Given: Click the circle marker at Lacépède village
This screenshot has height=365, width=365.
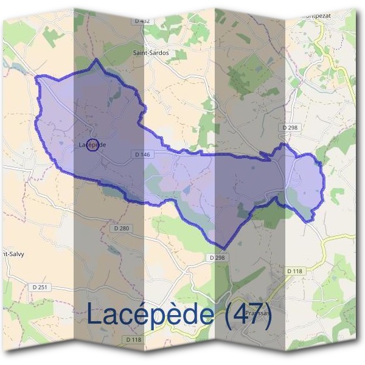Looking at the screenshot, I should (92, 145).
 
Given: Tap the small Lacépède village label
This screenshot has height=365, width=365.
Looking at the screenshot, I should (92, 145).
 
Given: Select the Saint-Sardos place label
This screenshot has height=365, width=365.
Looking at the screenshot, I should (151, 53).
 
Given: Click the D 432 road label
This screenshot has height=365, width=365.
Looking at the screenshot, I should (141, 21).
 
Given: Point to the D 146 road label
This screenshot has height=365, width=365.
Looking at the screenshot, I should (141, 155).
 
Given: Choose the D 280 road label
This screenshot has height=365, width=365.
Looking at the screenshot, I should (122, 228).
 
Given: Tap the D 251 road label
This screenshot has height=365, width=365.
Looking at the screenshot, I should (40, 286).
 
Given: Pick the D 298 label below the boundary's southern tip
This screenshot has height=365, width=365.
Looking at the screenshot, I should (218, 258).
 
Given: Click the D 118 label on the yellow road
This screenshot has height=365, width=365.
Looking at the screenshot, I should (293, 270).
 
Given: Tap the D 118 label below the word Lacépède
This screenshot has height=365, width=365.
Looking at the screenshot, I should (133, 339).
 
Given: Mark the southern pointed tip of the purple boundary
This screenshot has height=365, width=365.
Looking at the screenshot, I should (224, 249).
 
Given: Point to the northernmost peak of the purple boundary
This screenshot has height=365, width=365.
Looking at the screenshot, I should (94, 60).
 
